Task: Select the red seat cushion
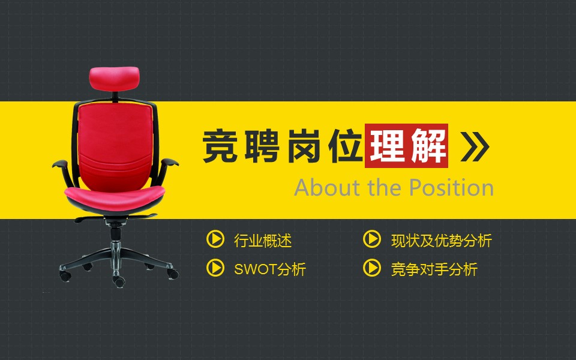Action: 114,194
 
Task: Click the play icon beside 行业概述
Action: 215,239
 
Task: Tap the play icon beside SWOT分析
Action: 215,268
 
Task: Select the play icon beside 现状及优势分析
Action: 372,239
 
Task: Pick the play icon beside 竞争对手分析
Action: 372,268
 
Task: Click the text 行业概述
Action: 263,241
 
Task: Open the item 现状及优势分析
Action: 441,241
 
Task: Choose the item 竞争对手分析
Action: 434,269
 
